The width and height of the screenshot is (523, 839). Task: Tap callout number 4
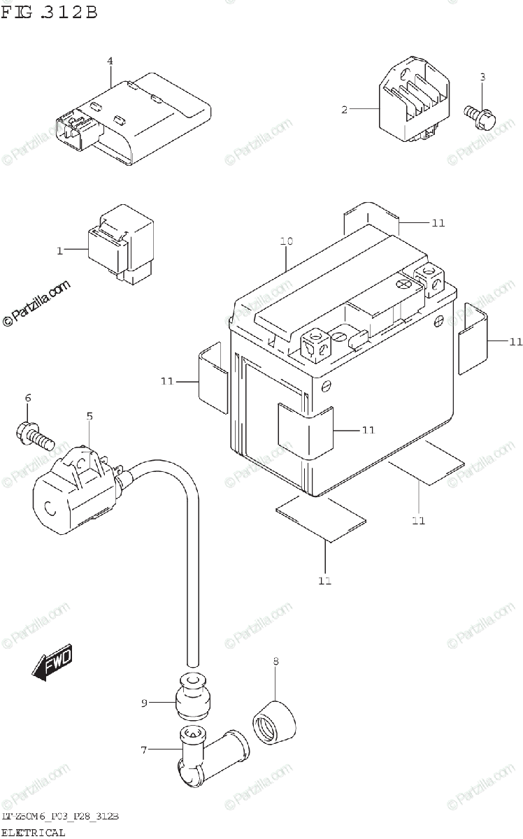[110, 62]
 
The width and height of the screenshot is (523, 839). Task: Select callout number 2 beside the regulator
[344, 110]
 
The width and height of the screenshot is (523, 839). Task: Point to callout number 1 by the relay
[60, 250]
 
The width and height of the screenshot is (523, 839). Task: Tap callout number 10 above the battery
[286, 241]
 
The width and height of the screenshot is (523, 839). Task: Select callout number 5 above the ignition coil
[89, 417]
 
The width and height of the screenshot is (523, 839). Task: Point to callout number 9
[144, 703]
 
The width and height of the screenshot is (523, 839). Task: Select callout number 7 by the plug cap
[144, 750]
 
